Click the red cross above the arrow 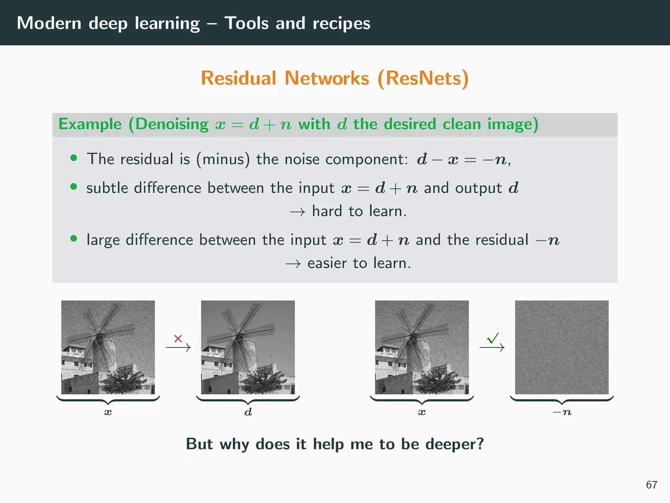click(x=178, y=338)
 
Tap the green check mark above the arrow click(x=493, y=338)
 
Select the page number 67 click(x=651, y=485)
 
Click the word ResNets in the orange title click(x=423, y=78)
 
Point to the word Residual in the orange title click(x=238, y=78)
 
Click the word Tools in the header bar click(x=246, y=23)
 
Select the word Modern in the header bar click(x=49, y=23)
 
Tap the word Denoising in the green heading click(x=172, y=124)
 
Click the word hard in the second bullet click(x=327, y=211)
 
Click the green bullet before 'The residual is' click(x=74, y=158)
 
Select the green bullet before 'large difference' click(x=74, y=239)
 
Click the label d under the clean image click(x=248, y=412)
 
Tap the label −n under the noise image click(x=562, y=412)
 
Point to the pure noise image click(x=562, y=347)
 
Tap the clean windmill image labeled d click(x=248, y=347)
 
